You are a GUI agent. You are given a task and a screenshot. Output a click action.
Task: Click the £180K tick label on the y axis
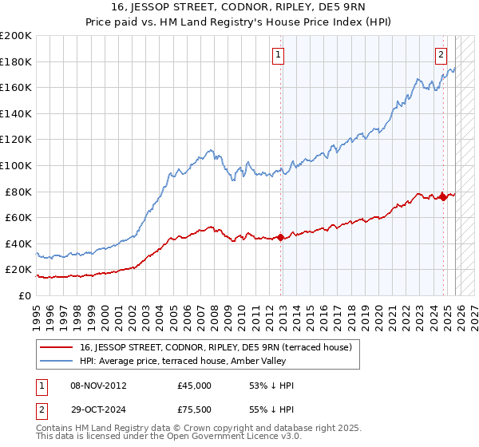(x=16, y=61)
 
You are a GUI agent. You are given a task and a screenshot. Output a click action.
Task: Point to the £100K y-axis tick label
(x=16, y=165)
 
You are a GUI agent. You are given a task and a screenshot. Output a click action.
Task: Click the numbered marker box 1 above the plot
(x=279, y=55)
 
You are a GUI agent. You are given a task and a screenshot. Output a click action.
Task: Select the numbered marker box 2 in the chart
(x=441, y=55)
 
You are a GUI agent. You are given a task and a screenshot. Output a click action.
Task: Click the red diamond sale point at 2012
(x=280, y=237)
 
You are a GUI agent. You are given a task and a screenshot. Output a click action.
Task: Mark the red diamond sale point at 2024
(x=443, y=197)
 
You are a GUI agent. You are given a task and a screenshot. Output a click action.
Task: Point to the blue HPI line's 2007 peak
(x=209, y=149)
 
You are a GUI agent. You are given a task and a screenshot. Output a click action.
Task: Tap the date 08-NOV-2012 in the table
(x=98, y=385)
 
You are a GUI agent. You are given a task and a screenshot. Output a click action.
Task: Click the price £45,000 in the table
(x=194, y=385)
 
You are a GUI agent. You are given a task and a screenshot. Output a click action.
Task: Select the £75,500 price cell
(x=194, y=409)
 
